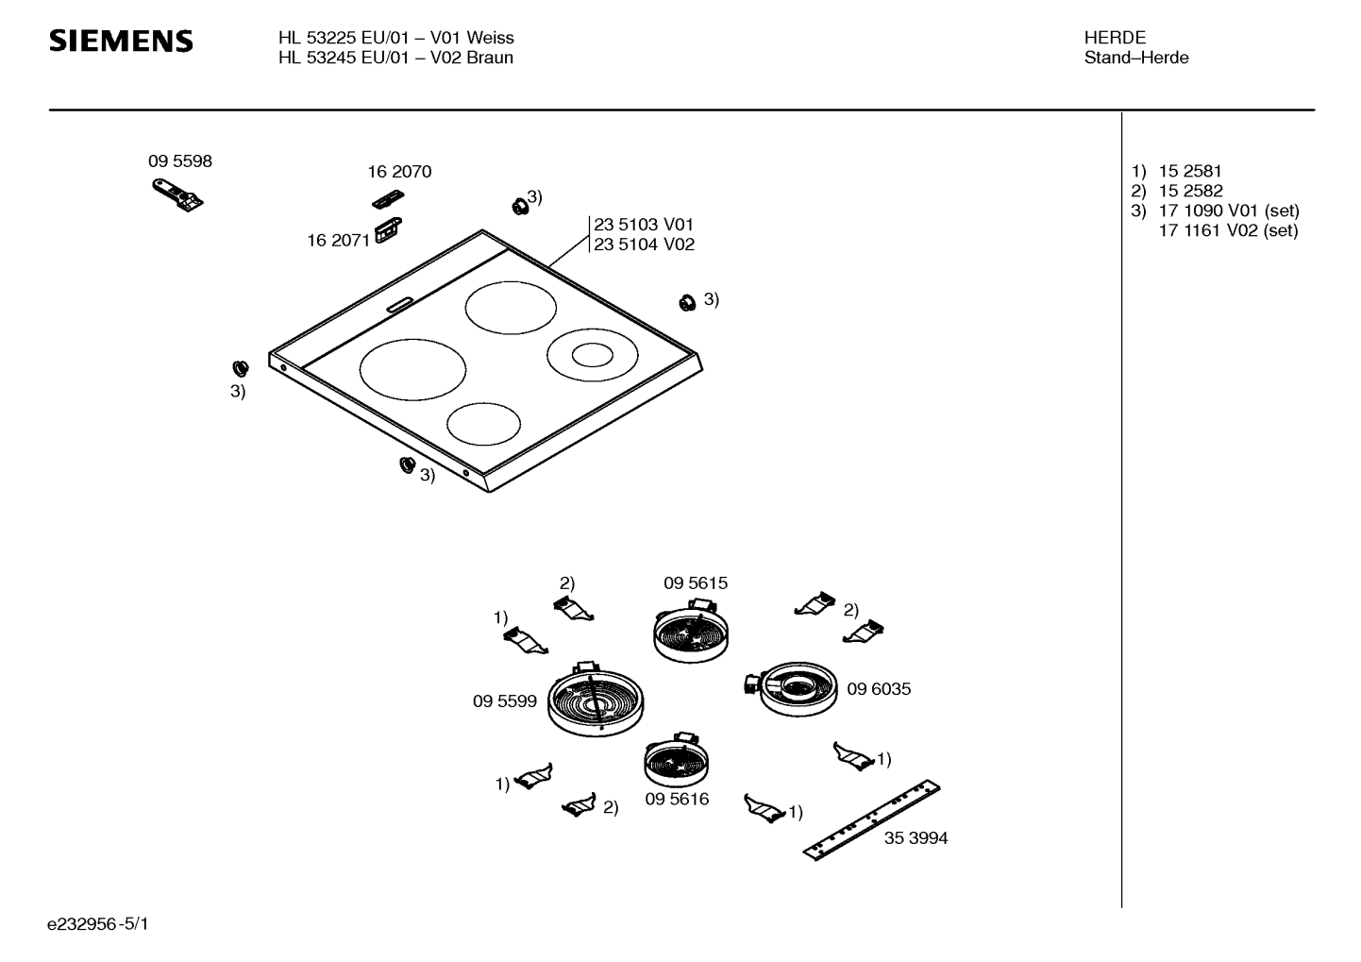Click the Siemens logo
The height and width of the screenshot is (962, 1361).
point(121,42)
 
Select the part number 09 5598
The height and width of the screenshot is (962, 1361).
point(180,161)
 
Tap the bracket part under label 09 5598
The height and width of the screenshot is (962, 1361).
point(177,194)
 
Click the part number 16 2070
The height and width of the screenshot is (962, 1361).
point(399,172)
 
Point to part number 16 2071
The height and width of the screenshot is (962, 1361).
point(338,241)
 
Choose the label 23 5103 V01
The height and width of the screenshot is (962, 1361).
point(644,225)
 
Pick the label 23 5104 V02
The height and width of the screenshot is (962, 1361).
point(644,245)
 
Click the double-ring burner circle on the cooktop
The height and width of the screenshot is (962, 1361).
point(593,355)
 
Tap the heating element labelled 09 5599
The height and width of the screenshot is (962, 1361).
point(595,700)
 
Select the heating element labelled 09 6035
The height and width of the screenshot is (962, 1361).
point(792,688)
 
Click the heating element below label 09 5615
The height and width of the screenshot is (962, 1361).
point(691,632)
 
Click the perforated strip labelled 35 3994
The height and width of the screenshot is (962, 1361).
point(872,819)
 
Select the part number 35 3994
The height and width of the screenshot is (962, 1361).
point(916,838)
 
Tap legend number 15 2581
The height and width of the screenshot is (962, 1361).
point(1189,172)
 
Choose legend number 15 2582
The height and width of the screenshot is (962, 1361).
point(1190,191)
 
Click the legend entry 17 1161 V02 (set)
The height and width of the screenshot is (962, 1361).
point(1228,230)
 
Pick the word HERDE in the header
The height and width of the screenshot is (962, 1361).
point(1115,38)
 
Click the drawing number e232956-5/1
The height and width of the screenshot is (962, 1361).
point(98,923)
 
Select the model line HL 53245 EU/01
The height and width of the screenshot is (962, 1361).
point(344,58)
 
